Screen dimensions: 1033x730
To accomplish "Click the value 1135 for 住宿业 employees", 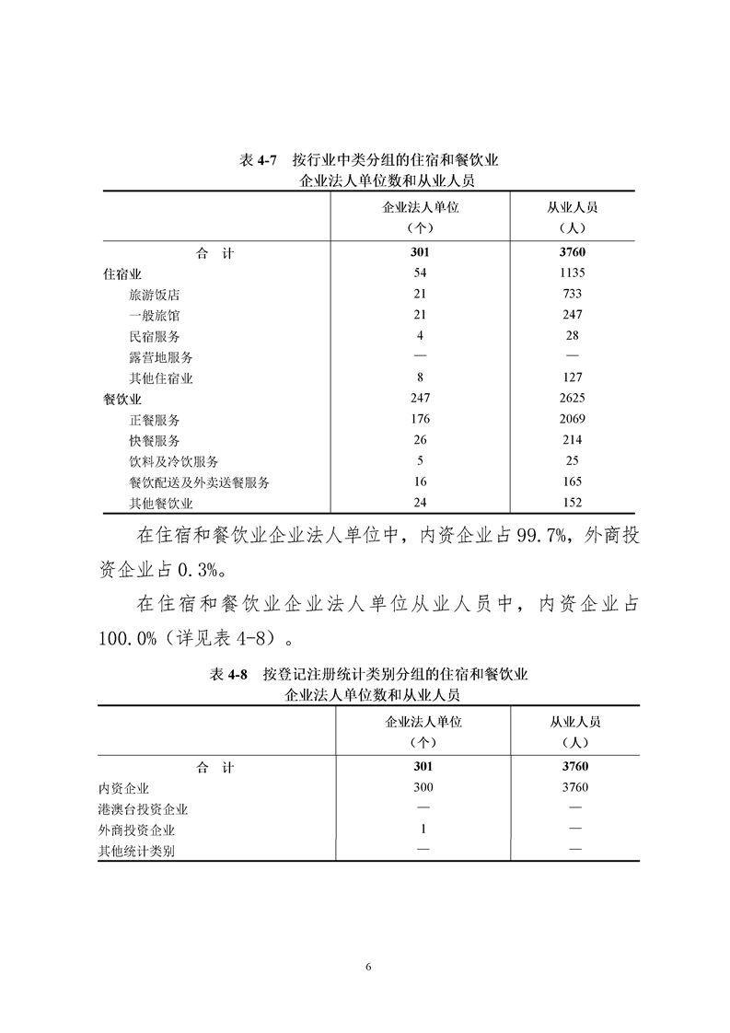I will (572, 273).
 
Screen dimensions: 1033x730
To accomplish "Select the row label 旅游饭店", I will (155, 295).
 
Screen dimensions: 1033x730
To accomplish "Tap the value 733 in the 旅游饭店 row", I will (572, 295).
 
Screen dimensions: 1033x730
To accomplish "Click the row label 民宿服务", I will (155, 337).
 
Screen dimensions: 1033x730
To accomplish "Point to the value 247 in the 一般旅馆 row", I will (572, 316).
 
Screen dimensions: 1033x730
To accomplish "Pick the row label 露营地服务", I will (161, 357).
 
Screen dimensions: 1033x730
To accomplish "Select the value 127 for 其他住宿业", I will (572, 377).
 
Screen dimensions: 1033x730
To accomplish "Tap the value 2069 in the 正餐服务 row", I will (572, 420).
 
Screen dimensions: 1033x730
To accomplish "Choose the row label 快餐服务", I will (155, 441).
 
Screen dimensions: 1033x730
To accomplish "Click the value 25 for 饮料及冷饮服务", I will (572, 461).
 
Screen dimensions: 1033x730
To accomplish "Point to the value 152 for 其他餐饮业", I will (572, 503).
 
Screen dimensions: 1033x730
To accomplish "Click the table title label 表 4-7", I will (258, 160).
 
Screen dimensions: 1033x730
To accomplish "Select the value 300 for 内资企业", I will (423, 787).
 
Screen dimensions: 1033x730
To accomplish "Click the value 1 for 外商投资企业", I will (423, 830).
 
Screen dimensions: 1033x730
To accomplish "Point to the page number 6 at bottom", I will (367, 967).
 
